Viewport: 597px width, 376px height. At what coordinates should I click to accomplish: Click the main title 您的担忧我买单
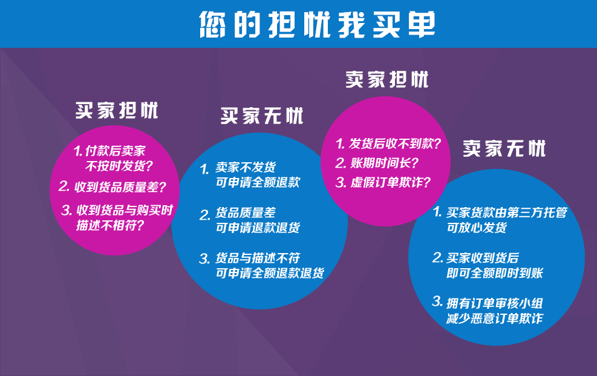coord(317,24)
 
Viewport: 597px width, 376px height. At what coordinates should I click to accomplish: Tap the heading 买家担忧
coord(117,110)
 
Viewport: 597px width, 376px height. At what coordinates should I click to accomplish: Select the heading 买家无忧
coord(262,116)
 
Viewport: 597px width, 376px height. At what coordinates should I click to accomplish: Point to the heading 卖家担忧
coord(387,79)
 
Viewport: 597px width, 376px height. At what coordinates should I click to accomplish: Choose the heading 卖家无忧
coord(504,148)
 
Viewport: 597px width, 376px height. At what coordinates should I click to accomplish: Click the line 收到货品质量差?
coord(120,186)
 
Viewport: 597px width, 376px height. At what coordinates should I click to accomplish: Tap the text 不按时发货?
coord(119,166)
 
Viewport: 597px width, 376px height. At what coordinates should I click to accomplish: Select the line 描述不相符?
coord(110,225)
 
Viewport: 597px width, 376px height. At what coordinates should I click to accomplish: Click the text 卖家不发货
coord(246,167)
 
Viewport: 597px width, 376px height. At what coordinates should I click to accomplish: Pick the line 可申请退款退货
coord(258,228)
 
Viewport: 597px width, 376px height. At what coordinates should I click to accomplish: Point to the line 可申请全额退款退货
coord(270,272)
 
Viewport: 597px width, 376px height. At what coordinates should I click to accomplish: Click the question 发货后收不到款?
coord(395,143)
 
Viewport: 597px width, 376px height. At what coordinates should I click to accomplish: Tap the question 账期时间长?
coord(385,163)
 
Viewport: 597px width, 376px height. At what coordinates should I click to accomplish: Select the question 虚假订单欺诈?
coord(391,182)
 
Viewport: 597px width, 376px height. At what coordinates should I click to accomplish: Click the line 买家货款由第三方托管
coord(507,212)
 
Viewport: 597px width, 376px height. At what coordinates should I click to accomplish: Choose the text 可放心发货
coord(477,228)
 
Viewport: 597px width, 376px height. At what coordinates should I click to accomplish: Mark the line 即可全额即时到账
coord(495,272)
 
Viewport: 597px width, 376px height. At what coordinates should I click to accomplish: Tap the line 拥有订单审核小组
coord(495,303)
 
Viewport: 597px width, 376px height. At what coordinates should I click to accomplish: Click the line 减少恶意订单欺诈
coord(495,318)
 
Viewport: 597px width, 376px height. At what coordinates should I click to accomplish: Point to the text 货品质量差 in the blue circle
coord(246,212)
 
